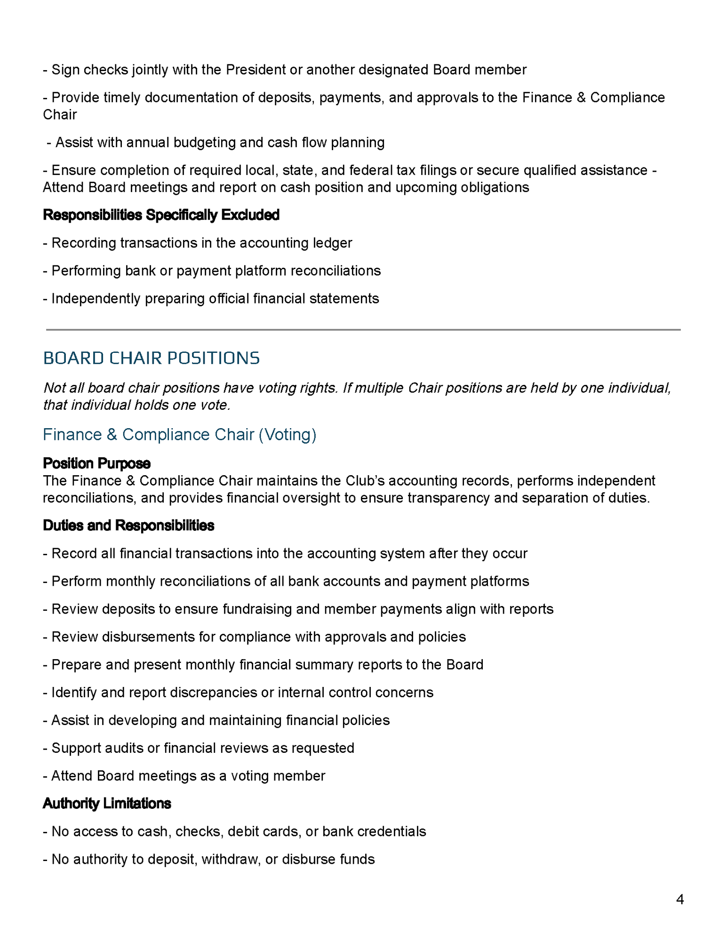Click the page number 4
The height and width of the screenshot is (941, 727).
point(679,899)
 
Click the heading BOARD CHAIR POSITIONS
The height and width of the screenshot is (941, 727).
point(151,358)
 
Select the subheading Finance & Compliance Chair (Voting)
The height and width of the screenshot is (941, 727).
point(179,434)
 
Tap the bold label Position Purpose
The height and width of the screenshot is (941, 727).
point(96,463)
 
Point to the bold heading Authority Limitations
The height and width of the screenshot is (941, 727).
point(107,803)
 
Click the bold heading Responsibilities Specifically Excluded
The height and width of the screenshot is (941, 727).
point(161,215)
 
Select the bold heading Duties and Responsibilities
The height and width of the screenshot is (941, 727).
point(128,525)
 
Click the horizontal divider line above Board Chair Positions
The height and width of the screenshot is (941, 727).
point(363,330)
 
